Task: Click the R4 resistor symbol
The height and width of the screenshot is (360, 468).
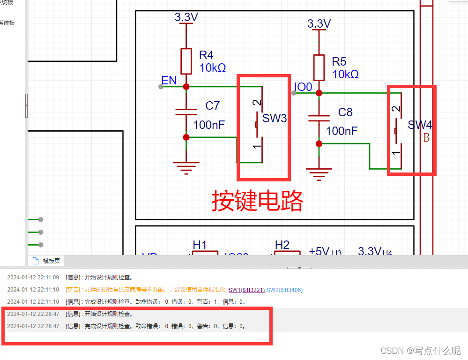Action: click(186, 61)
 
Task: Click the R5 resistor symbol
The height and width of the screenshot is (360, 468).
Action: click(319, 67)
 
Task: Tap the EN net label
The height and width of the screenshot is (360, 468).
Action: click(169, 80)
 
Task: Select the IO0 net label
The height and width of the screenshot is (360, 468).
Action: click(303, 87)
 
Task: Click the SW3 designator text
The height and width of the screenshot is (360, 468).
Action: click(275, 118)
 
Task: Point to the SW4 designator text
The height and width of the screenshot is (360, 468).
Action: click(419, 125)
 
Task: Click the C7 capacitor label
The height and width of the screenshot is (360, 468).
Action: click(212, 105)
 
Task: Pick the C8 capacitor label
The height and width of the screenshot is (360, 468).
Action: click(345, 112)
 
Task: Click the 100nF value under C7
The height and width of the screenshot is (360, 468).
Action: click(209, 125)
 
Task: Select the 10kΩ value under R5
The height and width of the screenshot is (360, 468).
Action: click(345, 74)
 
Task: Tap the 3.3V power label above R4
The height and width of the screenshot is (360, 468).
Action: click(186, 17)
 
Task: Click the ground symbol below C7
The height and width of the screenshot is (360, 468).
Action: click(186, 167)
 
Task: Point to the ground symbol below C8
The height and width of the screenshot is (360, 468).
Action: click(319, 172)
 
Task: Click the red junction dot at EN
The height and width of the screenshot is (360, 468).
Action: click(186, 87)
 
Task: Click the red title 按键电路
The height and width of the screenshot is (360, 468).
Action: click(257, 201)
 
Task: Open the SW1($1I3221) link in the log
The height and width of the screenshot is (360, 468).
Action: click(247, 290)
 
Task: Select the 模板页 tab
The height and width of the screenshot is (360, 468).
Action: click(52, 261)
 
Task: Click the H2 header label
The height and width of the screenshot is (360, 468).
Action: click(282, 245)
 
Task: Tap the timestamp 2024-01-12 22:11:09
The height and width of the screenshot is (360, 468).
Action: click(33, 277)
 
